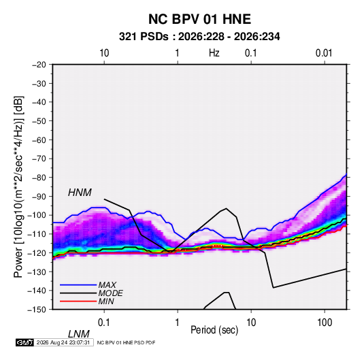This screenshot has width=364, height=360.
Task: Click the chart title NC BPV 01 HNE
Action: pos(199,19)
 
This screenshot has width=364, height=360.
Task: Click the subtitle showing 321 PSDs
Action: pos(199,37)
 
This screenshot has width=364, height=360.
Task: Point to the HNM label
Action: pos(80,193)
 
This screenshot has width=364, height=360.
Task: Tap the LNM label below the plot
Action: pos(79,334)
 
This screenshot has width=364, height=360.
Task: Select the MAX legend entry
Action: pos(107,284)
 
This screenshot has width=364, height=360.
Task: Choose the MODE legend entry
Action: pos(110,293)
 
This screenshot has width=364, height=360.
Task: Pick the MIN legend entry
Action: pos(106,301)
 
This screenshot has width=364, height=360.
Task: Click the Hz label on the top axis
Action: pos(214,53)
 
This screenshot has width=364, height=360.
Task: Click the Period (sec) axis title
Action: pos(214,330)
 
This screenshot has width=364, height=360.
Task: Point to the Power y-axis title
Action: pos(18,187)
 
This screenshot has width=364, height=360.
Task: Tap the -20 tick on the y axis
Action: pos(39,65)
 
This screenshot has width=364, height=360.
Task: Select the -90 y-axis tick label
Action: pos(39,197)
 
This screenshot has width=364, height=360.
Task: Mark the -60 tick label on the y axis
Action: pos(39,140)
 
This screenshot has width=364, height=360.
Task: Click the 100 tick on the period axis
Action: pos(325,323)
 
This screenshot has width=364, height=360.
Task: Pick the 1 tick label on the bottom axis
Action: pos(178,323)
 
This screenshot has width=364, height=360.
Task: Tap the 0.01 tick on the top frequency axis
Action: pos(324,53)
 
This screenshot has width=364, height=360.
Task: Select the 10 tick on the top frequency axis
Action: pos(104,53)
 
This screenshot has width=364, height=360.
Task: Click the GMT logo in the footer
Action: pos(25,342)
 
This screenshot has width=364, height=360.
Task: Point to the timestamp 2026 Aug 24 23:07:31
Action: pos(63,342)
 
